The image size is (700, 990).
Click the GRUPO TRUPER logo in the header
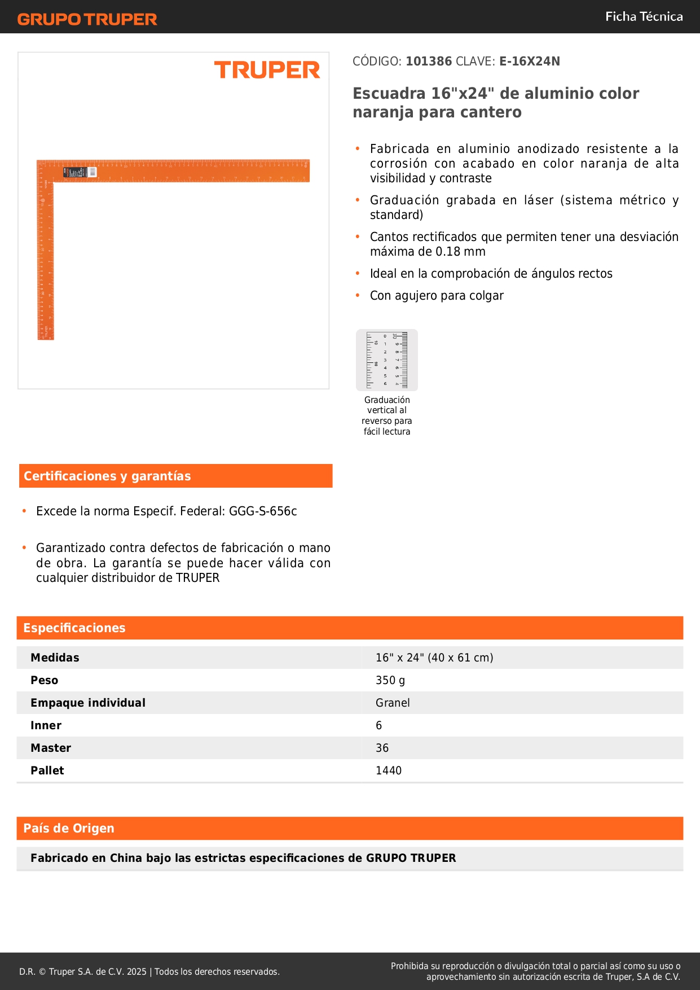87,19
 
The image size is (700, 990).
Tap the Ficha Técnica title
644,17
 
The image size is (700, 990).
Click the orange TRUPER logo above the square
267,70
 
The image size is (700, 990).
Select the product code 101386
429,62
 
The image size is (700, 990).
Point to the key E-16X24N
529,62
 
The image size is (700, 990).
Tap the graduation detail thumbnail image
387,360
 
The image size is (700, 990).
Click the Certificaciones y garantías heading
107,476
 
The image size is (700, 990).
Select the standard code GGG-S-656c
263,511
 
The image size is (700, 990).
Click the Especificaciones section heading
74,628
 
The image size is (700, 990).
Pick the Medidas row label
55,658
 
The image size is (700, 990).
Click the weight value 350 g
390,680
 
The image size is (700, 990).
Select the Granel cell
393,703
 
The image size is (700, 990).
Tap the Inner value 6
379,725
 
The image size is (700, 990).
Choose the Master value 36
382,748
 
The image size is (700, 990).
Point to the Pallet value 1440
389,770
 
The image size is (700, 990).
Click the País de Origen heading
69,829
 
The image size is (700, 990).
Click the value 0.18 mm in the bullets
460,252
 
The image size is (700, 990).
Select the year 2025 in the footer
137,971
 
